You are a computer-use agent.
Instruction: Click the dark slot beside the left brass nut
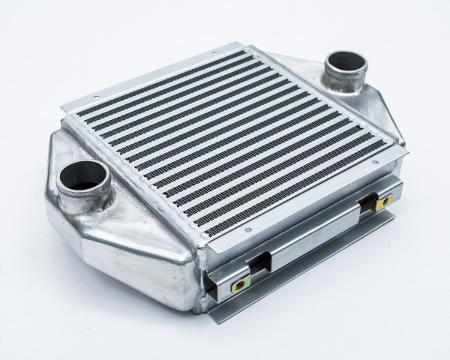[x=263, y=264]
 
